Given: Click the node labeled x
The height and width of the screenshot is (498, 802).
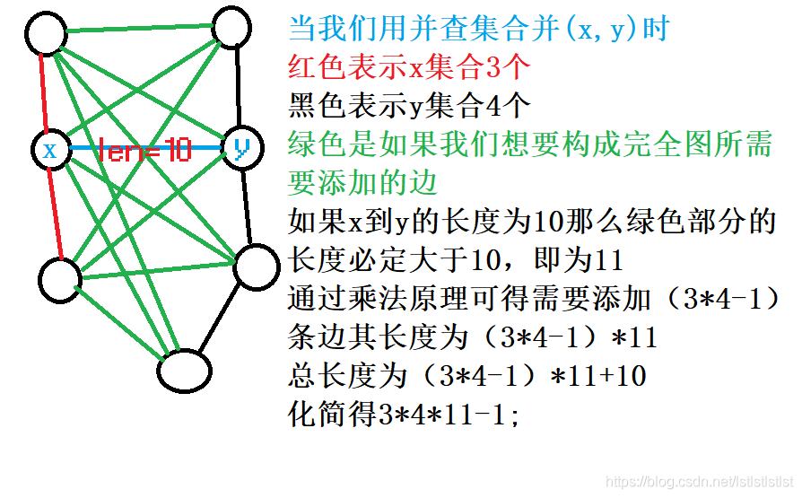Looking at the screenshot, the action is pos(50,150).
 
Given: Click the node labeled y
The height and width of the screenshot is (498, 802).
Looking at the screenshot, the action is pos(241,148).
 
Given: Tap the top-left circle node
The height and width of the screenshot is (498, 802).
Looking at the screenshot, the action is pos(46,34).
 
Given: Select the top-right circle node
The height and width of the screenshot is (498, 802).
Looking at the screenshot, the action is pos(233,26).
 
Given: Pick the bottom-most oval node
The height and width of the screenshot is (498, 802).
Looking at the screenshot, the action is pos(185,370).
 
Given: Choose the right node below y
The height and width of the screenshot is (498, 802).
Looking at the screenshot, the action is pos(257,267).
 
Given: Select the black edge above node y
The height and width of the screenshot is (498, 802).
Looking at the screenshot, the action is pos(239,86).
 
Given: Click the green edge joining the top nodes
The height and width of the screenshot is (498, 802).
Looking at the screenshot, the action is pos(141,30).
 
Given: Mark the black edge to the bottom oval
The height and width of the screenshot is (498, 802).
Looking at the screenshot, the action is pos(222,319).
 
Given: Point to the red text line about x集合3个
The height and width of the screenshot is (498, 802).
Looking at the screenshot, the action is pos(411,66).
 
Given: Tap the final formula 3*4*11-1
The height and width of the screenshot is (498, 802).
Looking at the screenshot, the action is pos(448,415).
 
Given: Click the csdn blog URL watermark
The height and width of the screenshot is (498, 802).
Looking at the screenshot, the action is pos(701,483).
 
